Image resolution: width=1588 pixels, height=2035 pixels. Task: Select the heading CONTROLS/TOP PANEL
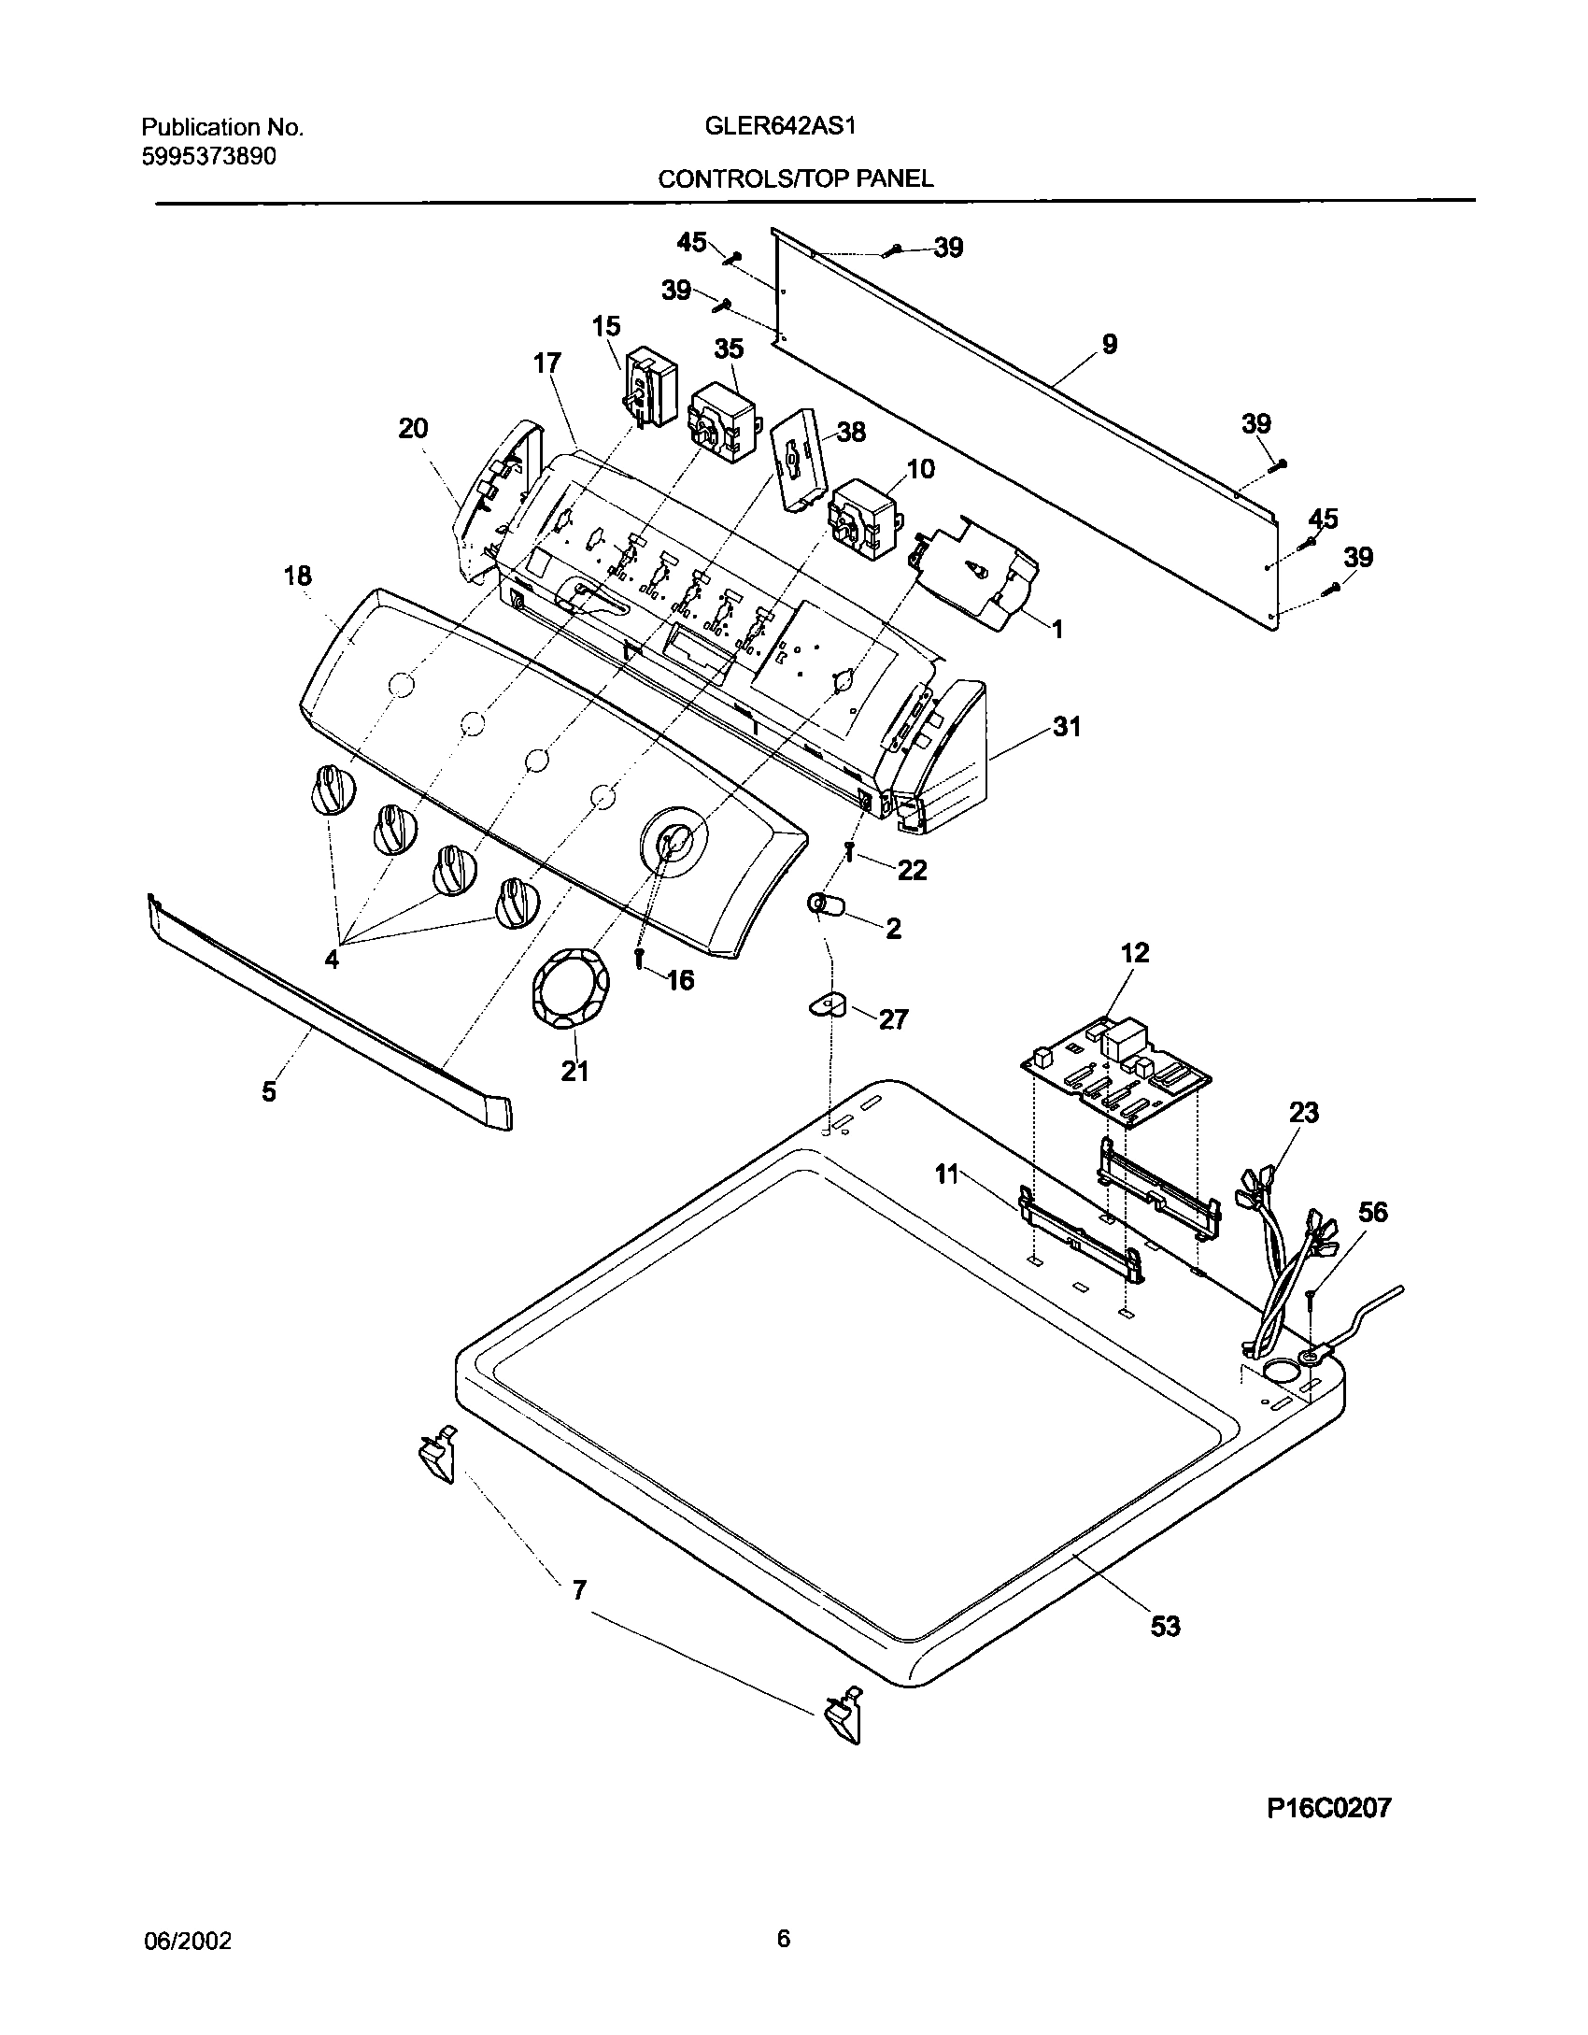click(795, 178)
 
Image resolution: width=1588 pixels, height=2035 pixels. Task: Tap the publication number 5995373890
click(209, 156)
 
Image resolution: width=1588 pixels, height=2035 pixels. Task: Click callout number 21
click(574, 1071)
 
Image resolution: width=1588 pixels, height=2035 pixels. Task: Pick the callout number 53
click(1165, 1627)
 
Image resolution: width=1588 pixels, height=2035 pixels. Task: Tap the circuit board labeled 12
click(1115, 1068)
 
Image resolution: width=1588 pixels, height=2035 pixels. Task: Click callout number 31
click(1066, 726)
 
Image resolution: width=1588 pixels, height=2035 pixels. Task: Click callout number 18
click(298, 576)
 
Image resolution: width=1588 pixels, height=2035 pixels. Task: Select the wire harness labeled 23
click(1280, 1252)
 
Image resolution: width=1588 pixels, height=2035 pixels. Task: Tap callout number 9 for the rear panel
click(1109, 345)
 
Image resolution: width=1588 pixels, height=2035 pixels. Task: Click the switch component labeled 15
click(651, 387)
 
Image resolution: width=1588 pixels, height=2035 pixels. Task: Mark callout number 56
click(1372, 1212)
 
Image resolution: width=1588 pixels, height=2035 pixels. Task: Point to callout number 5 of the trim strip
click(269, 1090)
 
